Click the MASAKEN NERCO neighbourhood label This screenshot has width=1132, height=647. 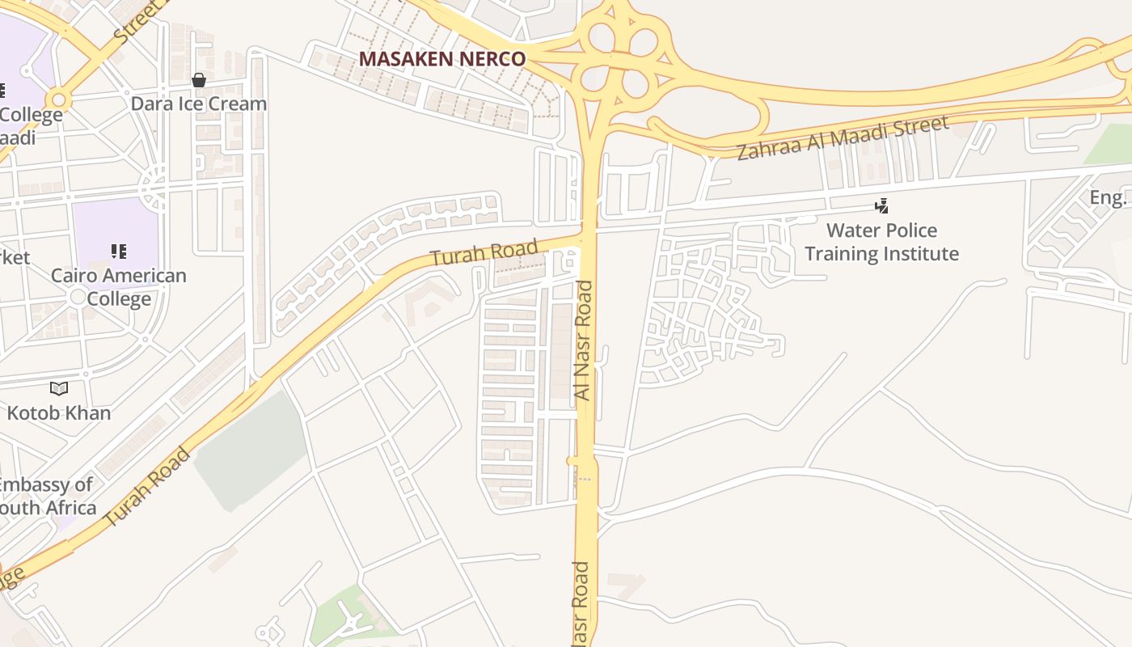click(x=441, y=59)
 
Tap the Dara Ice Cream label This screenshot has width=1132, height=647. click(x=199, y=104)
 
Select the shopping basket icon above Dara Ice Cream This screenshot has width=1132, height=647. click(x=199, y=80)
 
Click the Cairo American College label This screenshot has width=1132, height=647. click(x=119, y=287)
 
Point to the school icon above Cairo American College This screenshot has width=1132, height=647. click(x=119, y=252)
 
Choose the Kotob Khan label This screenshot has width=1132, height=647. click(x=59, y=412)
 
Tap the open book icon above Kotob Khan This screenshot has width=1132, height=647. click(x=59, y=389)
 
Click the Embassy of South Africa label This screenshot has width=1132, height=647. click(x=47, y=497)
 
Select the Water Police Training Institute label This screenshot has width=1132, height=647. click(x=881, y=242)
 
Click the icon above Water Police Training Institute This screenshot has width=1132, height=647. click(x=882, y=206)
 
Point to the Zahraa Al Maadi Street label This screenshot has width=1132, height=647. click(x=842, y=137)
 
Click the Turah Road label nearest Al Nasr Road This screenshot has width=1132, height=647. click(x=484, y=253)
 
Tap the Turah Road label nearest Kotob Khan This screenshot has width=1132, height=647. click(x=148, y=487)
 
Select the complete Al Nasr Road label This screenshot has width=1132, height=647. click(x=583, y=340)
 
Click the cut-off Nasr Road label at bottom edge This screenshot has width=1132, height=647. click(x=580, y=605)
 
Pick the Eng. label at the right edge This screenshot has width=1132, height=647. click(x=1108, y=197)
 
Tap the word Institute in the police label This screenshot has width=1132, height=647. click(x=919, y=254)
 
